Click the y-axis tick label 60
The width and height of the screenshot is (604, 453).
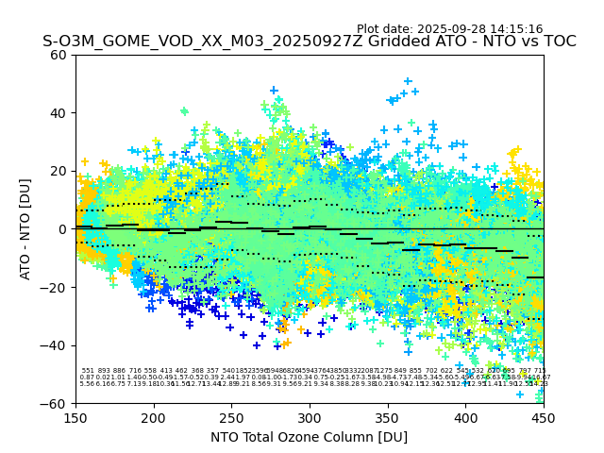pos(59,55)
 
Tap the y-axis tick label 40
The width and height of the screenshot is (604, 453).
pos(59,113)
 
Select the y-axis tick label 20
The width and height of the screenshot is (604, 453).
pos(59,171)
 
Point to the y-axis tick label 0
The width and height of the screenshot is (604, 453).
pos(63,229)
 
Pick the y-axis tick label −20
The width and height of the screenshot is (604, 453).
pos(56,287)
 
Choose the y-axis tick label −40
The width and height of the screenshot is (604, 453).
pos(56,345)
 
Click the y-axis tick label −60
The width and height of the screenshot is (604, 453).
pos(56,403)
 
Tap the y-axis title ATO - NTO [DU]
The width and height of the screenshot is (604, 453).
pos(25,229)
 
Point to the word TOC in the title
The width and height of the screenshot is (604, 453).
pos(557,42)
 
